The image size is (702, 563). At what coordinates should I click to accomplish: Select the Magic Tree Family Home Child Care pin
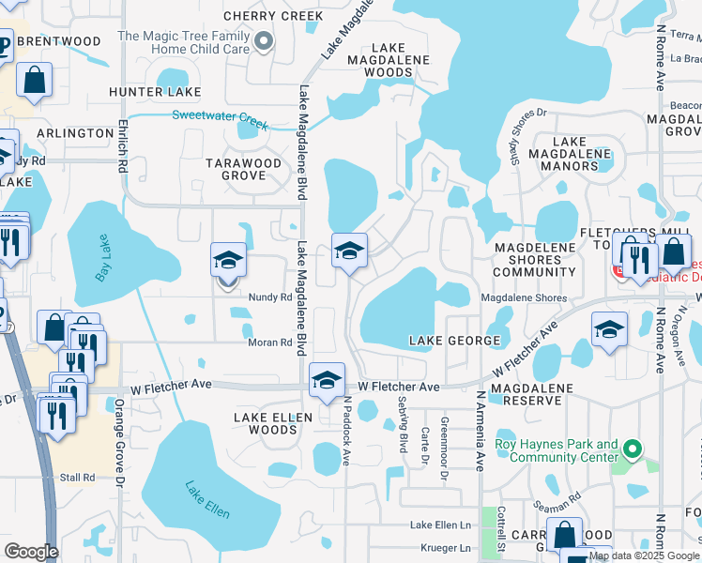point(264,39)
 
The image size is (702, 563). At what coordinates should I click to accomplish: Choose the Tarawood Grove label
point(243,169)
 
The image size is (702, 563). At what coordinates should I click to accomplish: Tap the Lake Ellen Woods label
point(266,422)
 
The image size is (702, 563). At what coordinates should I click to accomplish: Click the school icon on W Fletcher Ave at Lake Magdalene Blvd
point(326,380)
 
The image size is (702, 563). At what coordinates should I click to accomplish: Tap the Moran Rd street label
point(270,342)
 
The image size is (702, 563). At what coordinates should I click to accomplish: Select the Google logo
point(31,552)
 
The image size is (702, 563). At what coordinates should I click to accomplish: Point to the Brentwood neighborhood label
point(58,41)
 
